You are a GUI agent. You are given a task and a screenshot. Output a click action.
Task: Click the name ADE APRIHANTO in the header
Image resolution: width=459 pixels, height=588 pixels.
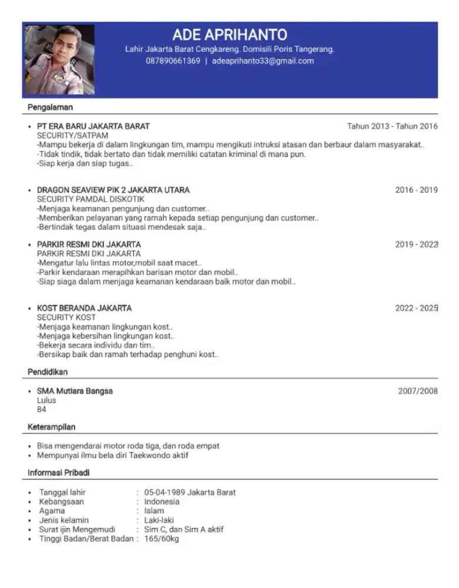click(230, 34)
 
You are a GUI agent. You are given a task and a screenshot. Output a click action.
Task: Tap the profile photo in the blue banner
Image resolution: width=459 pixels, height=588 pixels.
click(59, 59)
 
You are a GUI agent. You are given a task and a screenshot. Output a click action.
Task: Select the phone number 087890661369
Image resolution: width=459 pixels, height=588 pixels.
click(173, 61)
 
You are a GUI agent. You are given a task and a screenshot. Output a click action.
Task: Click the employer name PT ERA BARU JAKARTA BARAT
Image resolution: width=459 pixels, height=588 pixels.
click(93, 126)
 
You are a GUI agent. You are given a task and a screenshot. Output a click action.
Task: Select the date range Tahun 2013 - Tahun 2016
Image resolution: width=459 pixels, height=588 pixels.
click(392, 126)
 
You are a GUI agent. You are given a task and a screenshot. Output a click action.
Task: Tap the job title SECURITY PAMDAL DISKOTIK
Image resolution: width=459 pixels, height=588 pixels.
click(91, 199)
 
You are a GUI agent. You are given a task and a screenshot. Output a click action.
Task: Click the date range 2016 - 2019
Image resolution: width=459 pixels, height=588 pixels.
click(416, 190)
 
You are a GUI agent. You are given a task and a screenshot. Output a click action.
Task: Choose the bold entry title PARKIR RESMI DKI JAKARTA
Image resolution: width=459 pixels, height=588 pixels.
click(89, 244)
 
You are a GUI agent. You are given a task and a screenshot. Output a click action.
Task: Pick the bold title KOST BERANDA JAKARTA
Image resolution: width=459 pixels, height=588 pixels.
click(84, 308)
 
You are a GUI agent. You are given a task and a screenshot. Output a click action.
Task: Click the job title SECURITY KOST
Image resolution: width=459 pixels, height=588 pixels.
click(66, 318)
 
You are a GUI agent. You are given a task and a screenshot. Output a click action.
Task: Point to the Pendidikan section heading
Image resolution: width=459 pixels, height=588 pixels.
click(48, 372)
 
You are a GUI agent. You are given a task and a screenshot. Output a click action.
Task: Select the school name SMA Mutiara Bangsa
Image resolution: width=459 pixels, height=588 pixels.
click(75, 391)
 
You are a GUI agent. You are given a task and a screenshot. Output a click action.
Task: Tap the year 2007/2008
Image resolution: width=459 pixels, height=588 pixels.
click(417, 391)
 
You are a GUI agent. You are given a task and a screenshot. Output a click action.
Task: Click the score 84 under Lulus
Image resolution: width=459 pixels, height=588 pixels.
click(42, 409)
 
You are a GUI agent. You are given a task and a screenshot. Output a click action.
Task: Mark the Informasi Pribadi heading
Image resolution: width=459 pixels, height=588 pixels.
click(59, 473)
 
